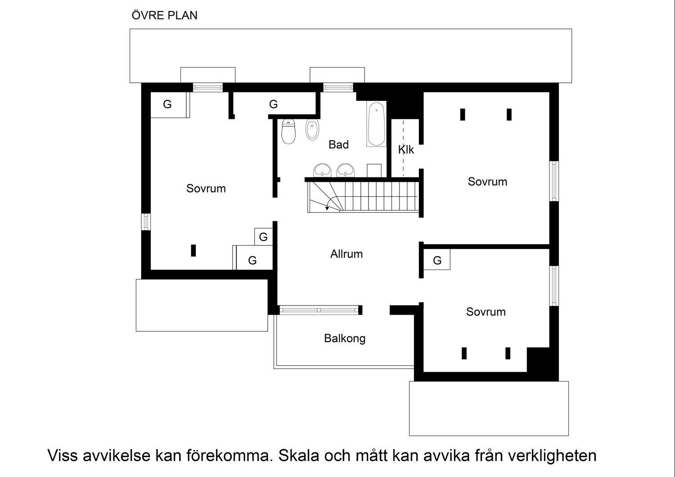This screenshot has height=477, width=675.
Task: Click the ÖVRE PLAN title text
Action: point(164,15)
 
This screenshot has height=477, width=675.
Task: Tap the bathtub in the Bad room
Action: point(376,124)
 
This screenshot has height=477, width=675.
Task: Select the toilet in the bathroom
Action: point(288,131)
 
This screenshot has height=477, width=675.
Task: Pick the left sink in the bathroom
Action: point(322,171)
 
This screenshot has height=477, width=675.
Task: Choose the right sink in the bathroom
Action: point(345,171)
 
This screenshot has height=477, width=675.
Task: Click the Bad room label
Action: point(338,144)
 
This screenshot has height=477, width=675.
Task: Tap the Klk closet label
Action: point(406,149)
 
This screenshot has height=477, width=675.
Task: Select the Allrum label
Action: point(346,254)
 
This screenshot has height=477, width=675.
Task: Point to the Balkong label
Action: point(345,338)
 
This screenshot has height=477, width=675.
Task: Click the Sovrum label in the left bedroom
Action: point(206,188)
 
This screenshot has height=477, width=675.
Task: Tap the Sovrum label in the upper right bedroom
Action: point(487,181)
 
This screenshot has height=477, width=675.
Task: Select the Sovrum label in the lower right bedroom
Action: point(486,311)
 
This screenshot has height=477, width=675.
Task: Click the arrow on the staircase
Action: point(327,208)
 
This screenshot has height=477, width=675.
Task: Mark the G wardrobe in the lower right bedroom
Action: point(437,260)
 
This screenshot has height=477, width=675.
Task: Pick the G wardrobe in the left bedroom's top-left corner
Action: point(167,104)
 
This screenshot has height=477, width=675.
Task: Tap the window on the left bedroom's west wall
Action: point(146,222)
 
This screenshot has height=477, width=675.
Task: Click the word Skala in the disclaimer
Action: point(297,455)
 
